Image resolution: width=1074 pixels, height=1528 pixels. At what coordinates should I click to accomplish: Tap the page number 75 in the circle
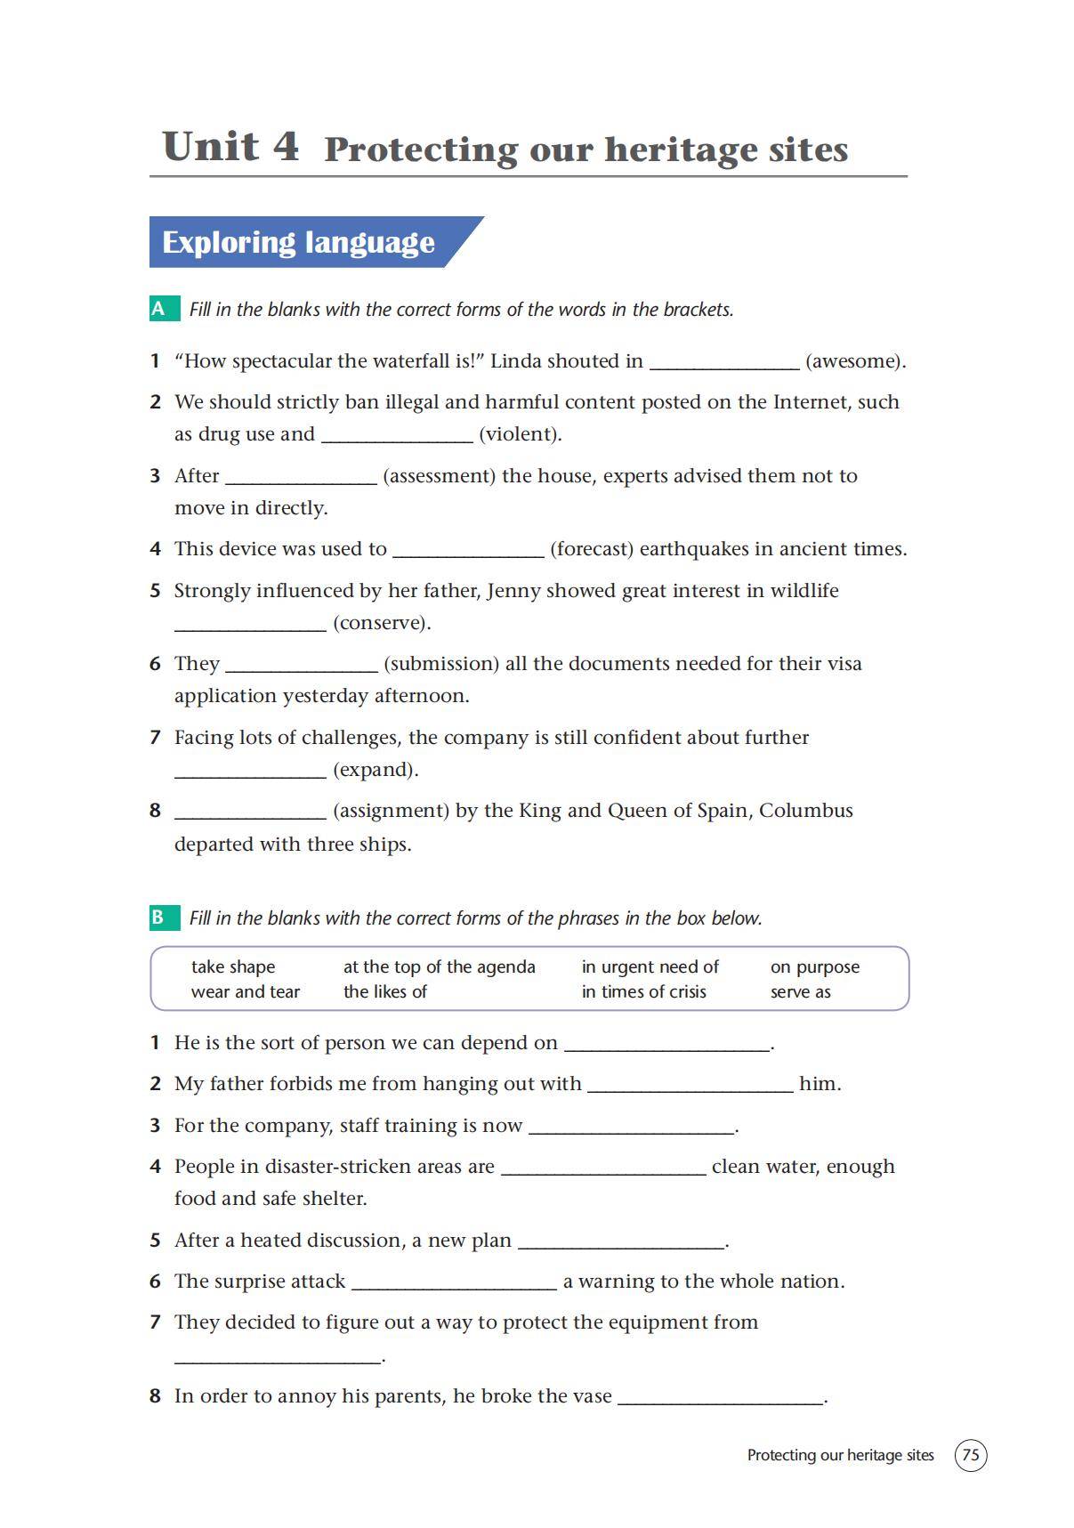click(x=970, y=1455)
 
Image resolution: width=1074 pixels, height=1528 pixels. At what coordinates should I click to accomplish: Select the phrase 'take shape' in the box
click(x=233, y=966)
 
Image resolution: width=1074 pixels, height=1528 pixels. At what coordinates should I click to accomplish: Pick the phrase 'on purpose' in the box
click(x=814, y=966)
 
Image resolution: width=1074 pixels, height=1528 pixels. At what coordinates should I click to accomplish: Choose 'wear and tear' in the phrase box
click(x=246, y=991)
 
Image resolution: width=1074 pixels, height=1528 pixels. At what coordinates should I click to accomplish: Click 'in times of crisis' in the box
click(x=643, y=991)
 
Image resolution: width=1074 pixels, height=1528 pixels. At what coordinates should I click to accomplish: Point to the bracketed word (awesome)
click(x=855, y=361)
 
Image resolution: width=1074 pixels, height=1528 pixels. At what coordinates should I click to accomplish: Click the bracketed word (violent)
click(x=520, y=434)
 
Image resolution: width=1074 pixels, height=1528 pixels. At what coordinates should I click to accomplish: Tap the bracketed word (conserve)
click(x=382, y=623)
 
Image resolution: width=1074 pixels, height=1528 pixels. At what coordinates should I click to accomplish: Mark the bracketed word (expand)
click(x=375, y=770)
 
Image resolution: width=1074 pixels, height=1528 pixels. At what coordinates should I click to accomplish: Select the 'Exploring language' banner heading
click(x=298, y=242)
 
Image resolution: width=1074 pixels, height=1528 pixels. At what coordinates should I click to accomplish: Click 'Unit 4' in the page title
click(x=230, y=147)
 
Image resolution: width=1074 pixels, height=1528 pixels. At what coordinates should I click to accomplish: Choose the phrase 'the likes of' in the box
click(x=385, y=991)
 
